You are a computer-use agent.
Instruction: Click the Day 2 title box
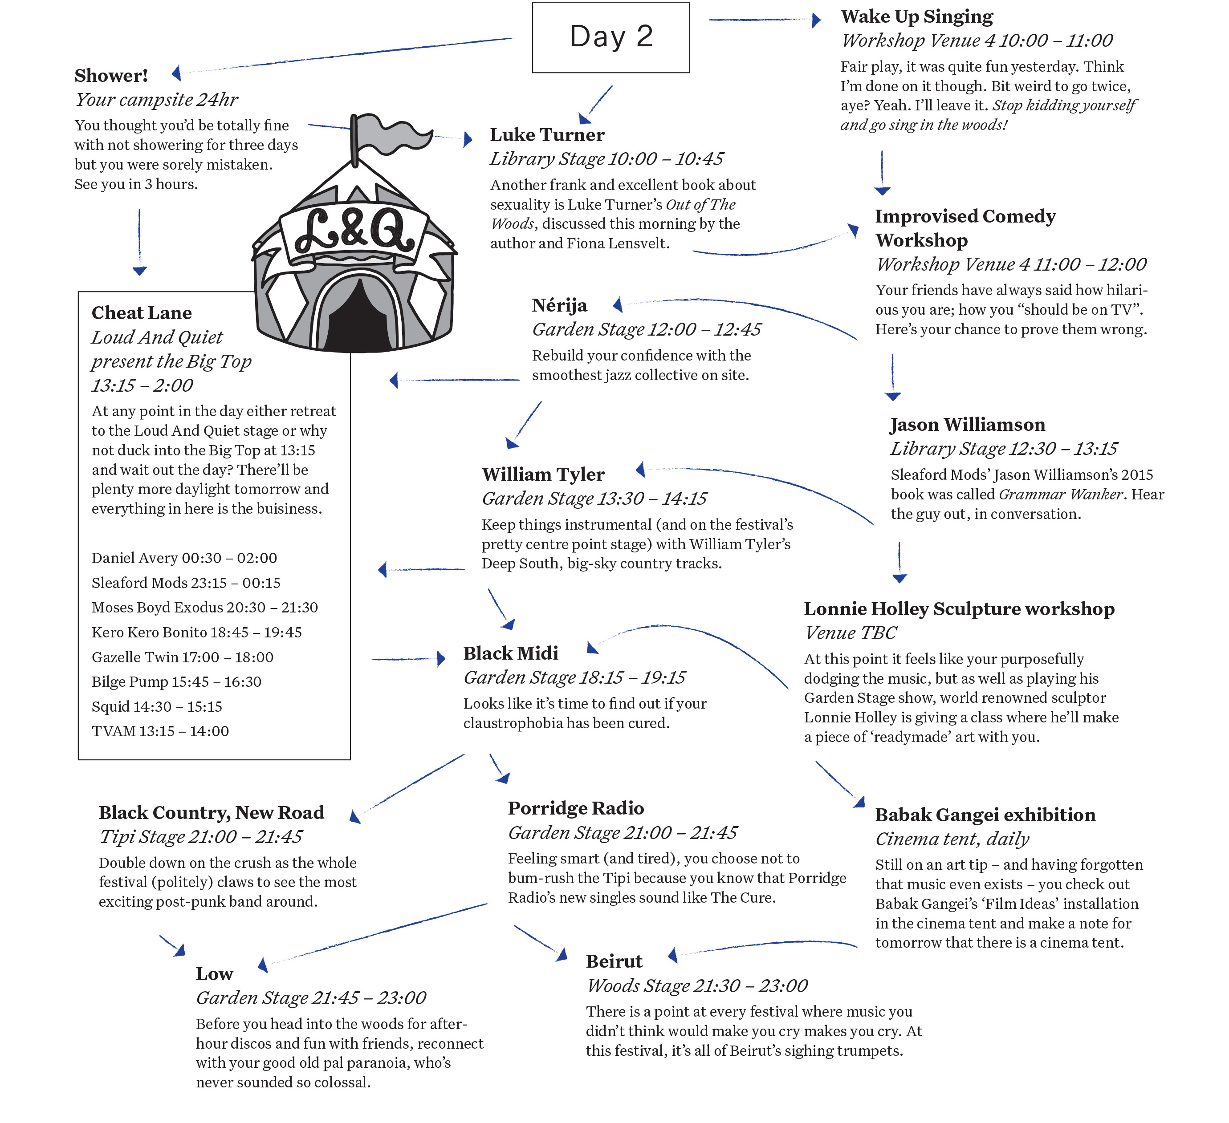click(x=611, y=37)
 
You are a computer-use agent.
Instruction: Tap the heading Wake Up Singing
click(x=917, y=16)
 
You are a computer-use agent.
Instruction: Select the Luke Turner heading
click(x=547, y=135)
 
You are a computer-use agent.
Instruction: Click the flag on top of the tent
click(x=390, y=134)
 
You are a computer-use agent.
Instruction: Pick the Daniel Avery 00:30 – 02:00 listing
click(x=184, y=558)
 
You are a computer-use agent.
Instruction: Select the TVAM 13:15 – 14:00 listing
click(x=160, y=731)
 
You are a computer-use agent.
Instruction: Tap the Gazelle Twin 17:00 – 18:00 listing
click(x=182, y=657)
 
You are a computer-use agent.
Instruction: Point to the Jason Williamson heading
click(x=968, y=425)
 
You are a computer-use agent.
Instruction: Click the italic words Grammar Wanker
click(x=1061, y=494)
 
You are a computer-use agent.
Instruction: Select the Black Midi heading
click(x=511, y=653)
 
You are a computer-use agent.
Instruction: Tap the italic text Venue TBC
click(x=851, y=633)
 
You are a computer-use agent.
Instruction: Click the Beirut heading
click(x=614, y=961)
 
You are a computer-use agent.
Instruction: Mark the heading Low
click(x=215, y=974)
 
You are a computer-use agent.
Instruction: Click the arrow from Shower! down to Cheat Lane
click(x=140, y=243)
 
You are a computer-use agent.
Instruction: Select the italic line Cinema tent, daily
click(x=952, y=839)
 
